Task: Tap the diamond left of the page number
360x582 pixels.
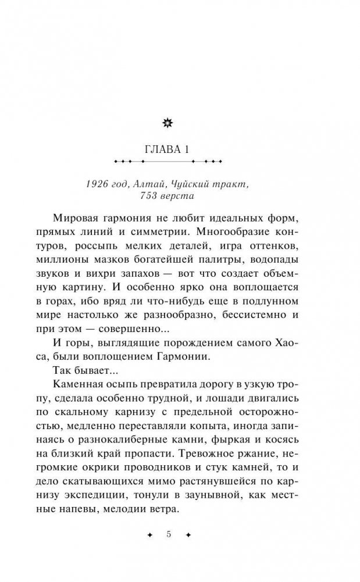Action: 148,534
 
